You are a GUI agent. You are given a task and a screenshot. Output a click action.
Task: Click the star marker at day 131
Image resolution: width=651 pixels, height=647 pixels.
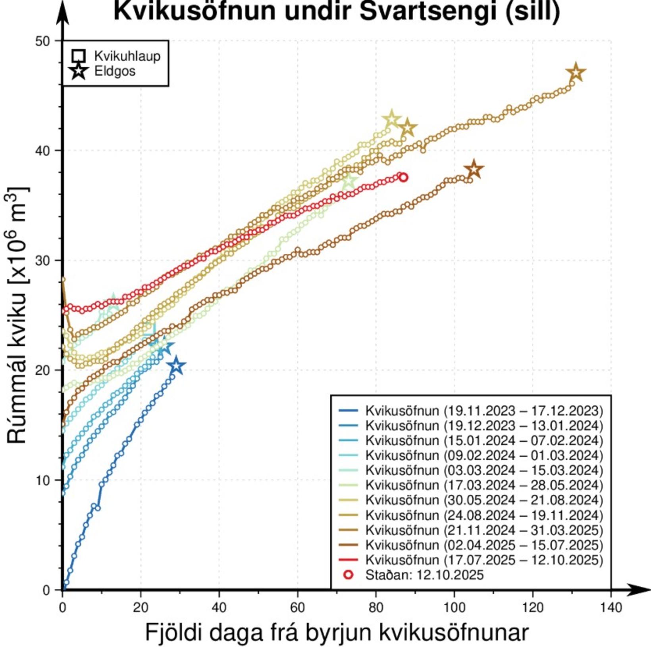pos(576,73)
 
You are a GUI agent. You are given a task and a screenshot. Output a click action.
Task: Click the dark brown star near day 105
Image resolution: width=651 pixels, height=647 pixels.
pos(474,170)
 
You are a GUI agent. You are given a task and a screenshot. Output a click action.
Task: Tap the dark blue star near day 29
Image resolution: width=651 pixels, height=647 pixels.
pos(176,366)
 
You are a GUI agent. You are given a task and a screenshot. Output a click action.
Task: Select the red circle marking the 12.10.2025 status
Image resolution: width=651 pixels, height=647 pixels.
pos(403,177)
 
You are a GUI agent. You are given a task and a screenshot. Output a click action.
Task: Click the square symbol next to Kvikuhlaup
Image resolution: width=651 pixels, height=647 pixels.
pos(79,56)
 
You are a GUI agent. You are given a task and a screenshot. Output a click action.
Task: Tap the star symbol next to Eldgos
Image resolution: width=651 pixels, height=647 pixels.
pos(79,71)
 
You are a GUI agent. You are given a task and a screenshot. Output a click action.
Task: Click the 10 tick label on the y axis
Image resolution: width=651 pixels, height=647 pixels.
pos(43,480)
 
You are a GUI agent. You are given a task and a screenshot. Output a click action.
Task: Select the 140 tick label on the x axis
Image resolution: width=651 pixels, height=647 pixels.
pos(611,607)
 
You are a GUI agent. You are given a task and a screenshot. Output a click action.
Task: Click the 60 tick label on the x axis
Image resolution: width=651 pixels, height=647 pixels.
pos(297,607)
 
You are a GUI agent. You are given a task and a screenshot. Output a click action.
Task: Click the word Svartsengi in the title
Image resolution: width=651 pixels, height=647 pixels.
pos(428,11)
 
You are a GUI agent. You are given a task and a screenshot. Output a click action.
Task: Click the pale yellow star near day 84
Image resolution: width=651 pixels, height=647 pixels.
pos(391,119)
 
